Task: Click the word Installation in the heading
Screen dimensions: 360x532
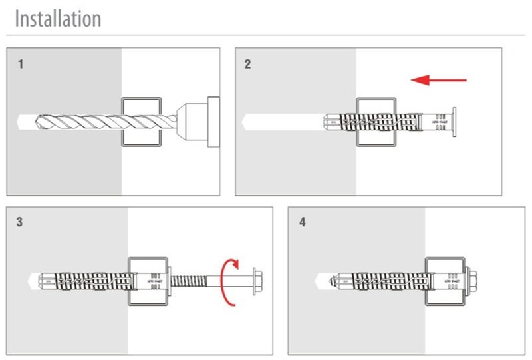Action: (x=58, y=18)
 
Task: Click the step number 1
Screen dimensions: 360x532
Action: (x=21, y=65)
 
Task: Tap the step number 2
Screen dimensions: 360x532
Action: (x=248, y=65)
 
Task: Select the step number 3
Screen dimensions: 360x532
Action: (x=20, y=222)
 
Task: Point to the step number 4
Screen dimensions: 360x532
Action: (x=303, y=222)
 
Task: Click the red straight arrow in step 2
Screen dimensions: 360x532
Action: (x=438, y=81)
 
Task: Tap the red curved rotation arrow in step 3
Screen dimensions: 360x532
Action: (x=227, y=282)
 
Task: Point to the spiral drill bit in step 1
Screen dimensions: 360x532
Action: (x=100, y=122)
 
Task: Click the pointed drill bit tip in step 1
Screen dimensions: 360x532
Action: (x=21, y=122)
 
